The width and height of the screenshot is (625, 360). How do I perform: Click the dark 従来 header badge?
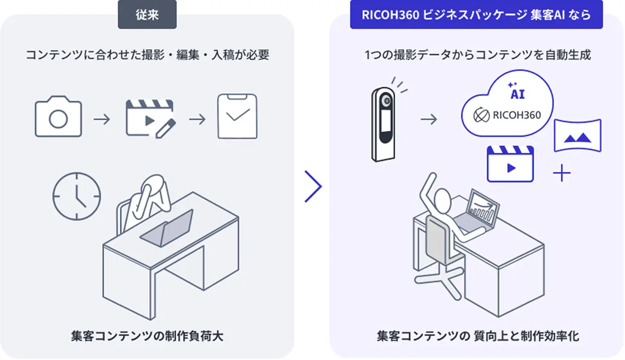pos(147,14)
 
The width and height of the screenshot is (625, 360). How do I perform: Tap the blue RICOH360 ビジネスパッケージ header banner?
pos(476,14)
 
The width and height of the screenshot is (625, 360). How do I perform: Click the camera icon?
pos(58,117)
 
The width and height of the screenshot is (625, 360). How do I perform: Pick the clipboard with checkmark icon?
pos(237,116)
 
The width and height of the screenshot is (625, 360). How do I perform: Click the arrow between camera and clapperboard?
pos(102,119)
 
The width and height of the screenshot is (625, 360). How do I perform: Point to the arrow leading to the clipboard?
pos(197,119)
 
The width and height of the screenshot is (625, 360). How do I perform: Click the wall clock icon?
pos(77,196)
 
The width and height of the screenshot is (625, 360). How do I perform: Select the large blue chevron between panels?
pos(313,186)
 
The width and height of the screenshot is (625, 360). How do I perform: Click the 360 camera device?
pos(384,124)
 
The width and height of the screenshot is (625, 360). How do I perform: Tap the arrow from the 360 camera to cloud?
pos(429,119)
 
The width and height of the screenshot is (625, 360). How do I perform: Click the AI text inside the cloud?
pos(518,94)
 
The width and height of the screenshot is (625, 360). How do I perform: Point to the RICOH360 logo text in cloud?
pos(517,115)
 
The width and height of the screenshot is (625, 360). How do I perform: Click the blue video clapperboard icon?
pos(510,164)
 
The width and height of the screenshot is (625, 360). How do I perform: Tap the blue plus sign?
pos(562,173)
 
